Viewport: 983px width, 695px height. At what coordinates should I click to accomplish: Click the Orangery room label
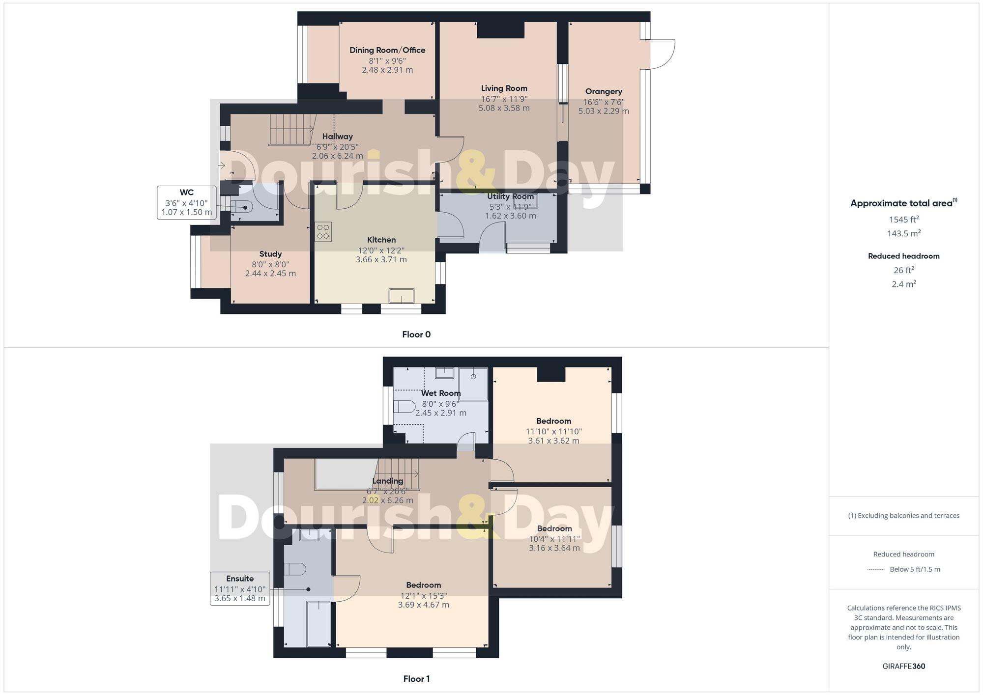(x=604, y=91)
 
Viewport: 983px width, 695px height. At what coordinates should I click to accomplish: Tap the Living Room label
(x=504, y=88)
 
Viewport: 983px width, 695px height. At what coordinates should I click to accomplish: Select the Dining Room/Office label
(x=387, y=50)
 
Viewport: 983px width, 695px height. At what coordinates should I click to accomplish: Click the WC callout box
(x=187, y=202)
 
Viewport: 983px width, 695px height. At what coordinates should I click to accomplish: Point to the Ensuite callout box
(x=240, y=588)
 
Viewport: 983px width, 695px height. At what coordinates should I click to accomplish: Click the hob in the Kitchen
(x=323, y=232)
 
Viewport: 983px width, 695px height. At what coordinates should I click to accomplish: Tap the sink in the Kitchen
(x=402, y=296)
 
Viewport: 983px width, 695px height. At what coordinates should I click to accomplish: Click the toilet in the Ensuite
(x=295, y=569)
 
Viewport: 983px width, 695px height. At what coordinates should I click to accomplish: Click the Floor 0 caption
(x=416, y=334)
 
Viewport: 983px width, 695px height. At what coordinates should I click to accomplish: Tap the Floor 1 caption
(x=416, y=679)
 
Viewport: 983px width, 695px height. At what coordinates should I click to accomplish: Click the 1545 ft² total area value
(x=904, y=220)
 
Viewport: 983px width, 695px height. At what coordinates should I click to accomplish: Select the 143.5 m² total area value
(x=904, y=233)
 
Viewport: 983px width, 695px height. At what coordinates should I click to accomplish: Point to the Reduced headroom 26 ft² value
(x=904, y=270)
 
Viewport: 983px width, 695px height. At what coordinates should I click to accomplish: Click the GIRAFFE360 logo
(x=904, y=666)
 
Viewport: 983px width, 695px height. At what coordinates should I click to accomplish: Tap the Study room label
(x=270, y=254)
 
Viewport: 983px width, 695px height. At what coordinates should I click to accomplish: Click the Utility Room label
(x=511, y=196)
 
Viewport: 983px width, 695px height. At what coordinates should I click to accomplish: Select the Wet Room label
(x=441, y=393)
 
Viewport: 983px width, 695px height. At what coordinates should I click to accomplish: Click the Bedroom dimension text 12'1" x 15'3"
(x=423, y=595)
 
